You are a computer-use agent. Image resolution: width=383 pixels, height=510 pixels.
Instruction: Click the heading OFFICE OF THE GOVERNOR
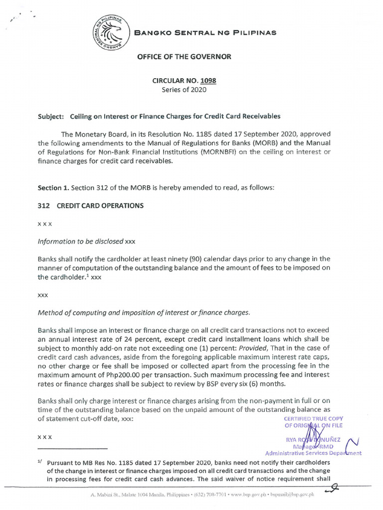184,57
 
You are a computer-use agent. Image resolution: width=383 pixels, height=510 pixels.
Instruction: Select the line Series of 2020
184,90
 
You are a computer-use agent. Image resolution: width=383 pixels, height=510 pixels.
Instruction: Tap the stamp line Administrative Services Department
313,453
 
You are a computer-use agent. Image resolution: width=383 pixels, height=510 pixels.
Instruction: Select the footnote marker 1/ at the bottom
40,462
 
